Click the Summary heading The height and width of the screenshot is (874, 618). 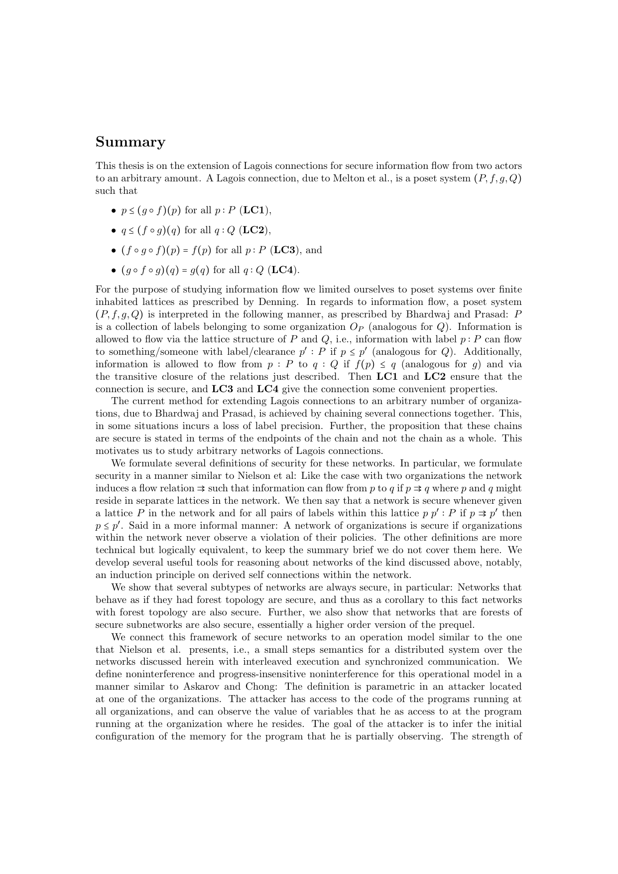pyautogui.click(x=130, y=143)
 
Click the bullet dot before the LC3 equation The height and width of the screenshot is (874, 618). pyautogui.click(x=114, y=251)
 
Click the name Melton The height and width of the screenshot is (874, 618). pyautogui.click(x=343, y=178)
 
